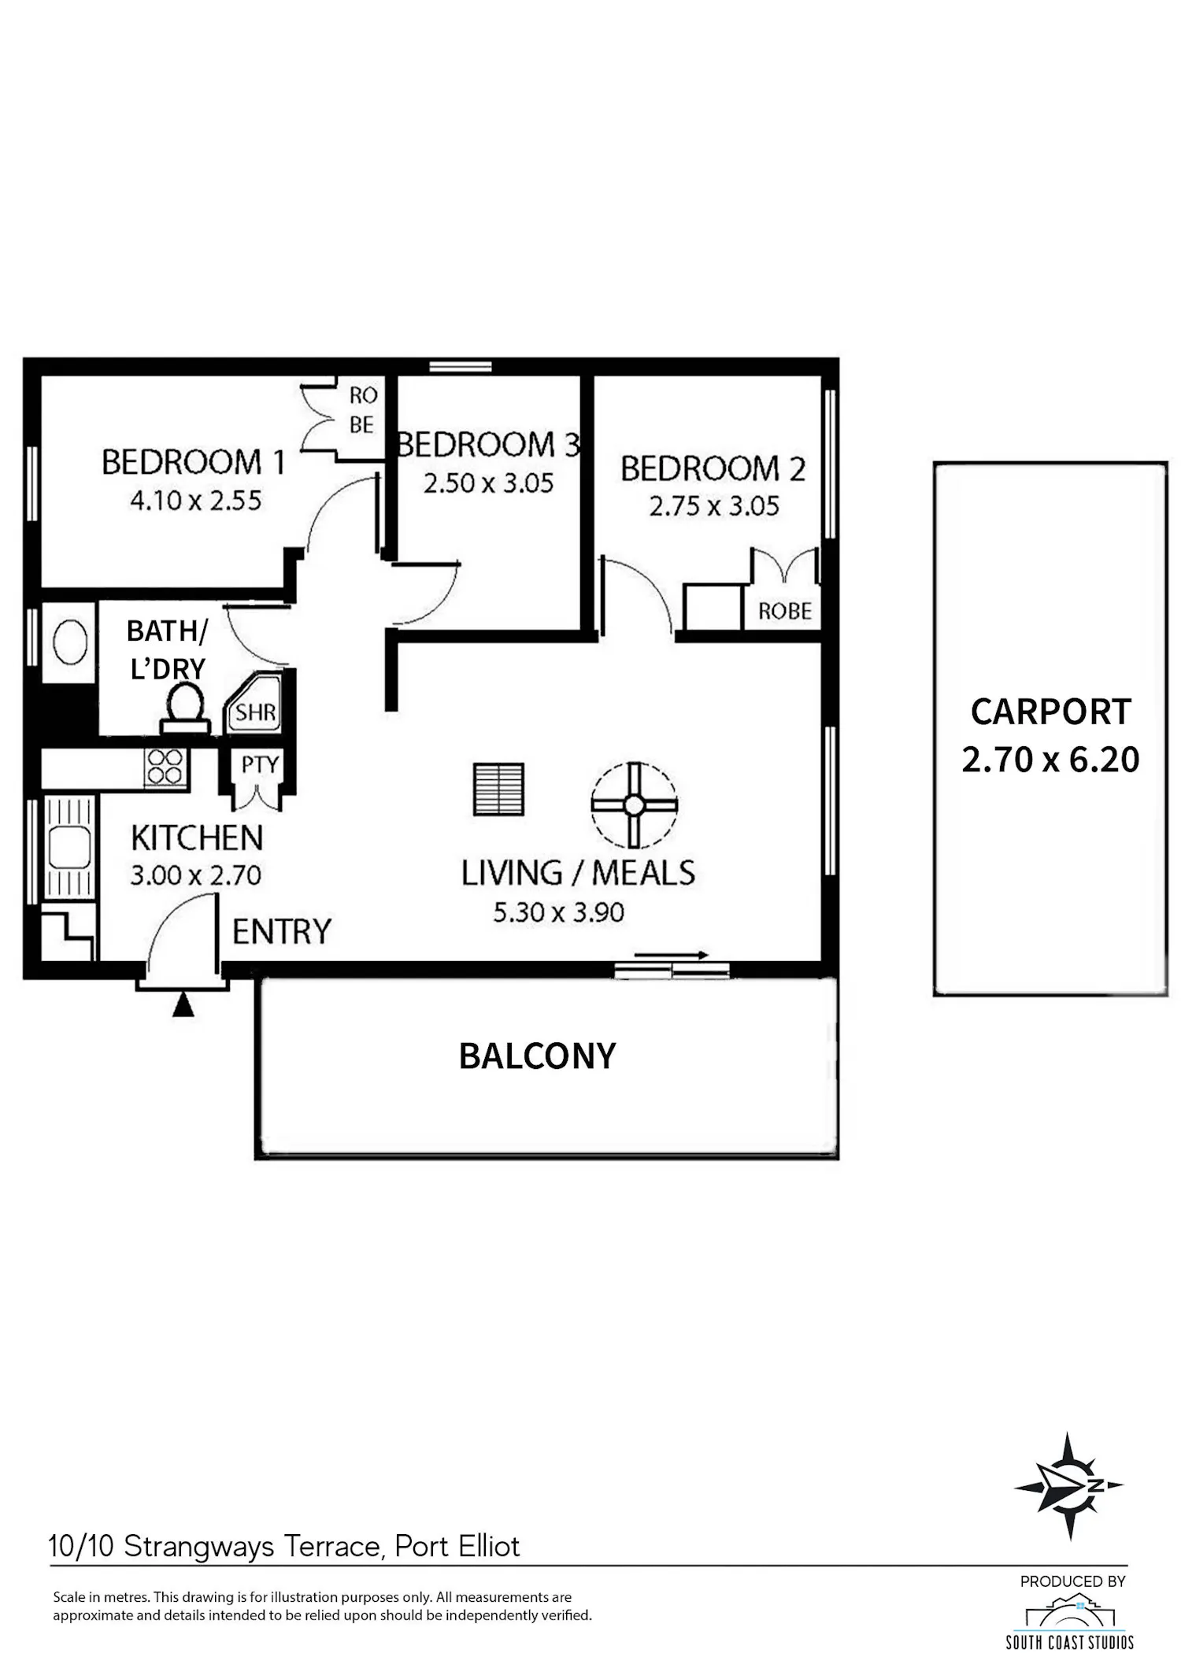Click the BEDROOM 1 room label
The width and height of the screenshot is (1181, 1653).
[193, 462]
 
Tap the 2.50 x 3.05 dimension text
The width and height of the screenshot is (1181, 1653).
[489, 483]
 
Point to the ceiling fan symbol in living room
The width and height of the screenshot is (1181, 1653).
[634, 804]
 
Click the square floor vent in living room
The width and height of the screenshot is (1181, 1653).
[498, 789]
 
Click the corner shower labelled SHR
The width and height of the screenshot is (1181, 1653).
[254, 703]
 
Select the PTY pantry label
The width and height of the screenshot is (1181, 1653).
[260, 764]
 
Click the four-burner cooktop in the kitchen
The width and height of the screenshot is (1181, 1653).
[165, 767]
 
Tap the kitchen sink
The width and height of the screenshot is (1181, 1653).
[69, 847]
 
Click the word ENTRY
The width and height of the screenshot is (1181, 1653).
[281, 931]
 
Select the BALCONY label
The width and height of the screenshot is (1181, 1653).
[537, 1056]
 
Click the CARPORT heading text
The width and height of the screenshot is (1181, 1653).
[1050, 712]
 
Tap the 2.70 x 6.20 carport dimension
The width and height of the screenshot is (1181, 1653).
[1050, 760]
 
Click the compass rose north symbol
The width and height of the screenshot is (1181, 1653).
[1068, 1486]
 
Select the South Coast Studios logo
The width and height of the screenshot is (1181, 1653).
[1070, 1621]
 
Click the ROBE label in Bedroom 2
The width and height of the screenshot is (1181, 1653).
[785, 611]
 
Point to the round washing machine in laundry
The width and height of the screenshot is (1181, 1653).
[69, 643]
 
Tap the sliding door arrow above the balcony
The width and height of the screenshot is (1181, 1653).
[671, 956]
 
